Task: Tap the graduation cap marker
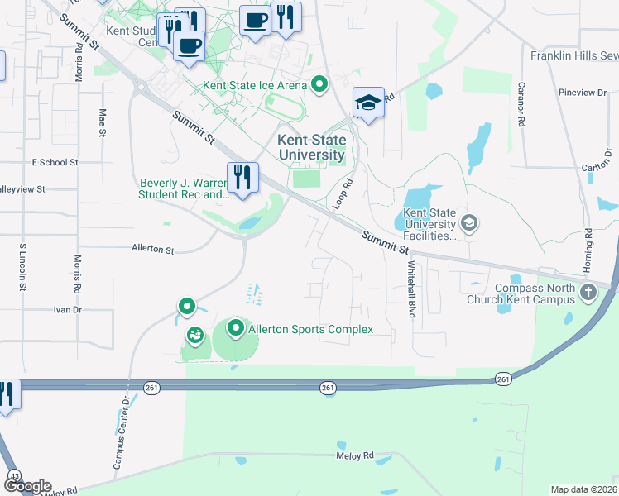coord(368,103)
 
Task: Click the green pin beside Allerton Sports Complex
coord(236,330)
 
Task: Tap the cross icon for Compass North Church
coord(588,292)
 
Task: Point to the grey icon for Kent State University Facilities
coord(469,222)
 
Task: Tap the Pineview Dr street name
coord(588,93)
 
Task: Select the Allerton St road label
coord(153,248)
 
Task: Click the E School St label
coord(55,163)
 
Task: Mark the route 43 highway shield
coord(14,476)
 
